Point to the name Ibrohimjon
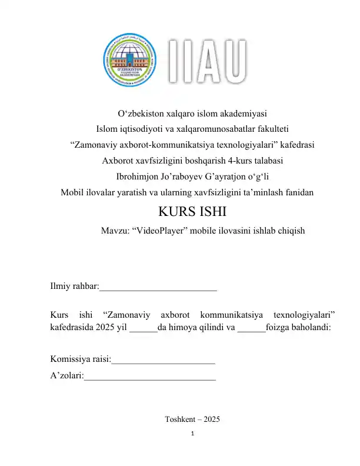pos(139,175)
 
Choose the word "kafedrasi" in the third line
pos(295,144)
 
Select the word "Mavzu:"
pos(115,231)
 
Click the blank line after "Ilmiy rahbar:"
pos(158,288)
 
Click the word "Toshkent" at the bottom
pos(180,419)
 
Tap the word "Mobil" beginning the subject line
pos(73,191)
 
